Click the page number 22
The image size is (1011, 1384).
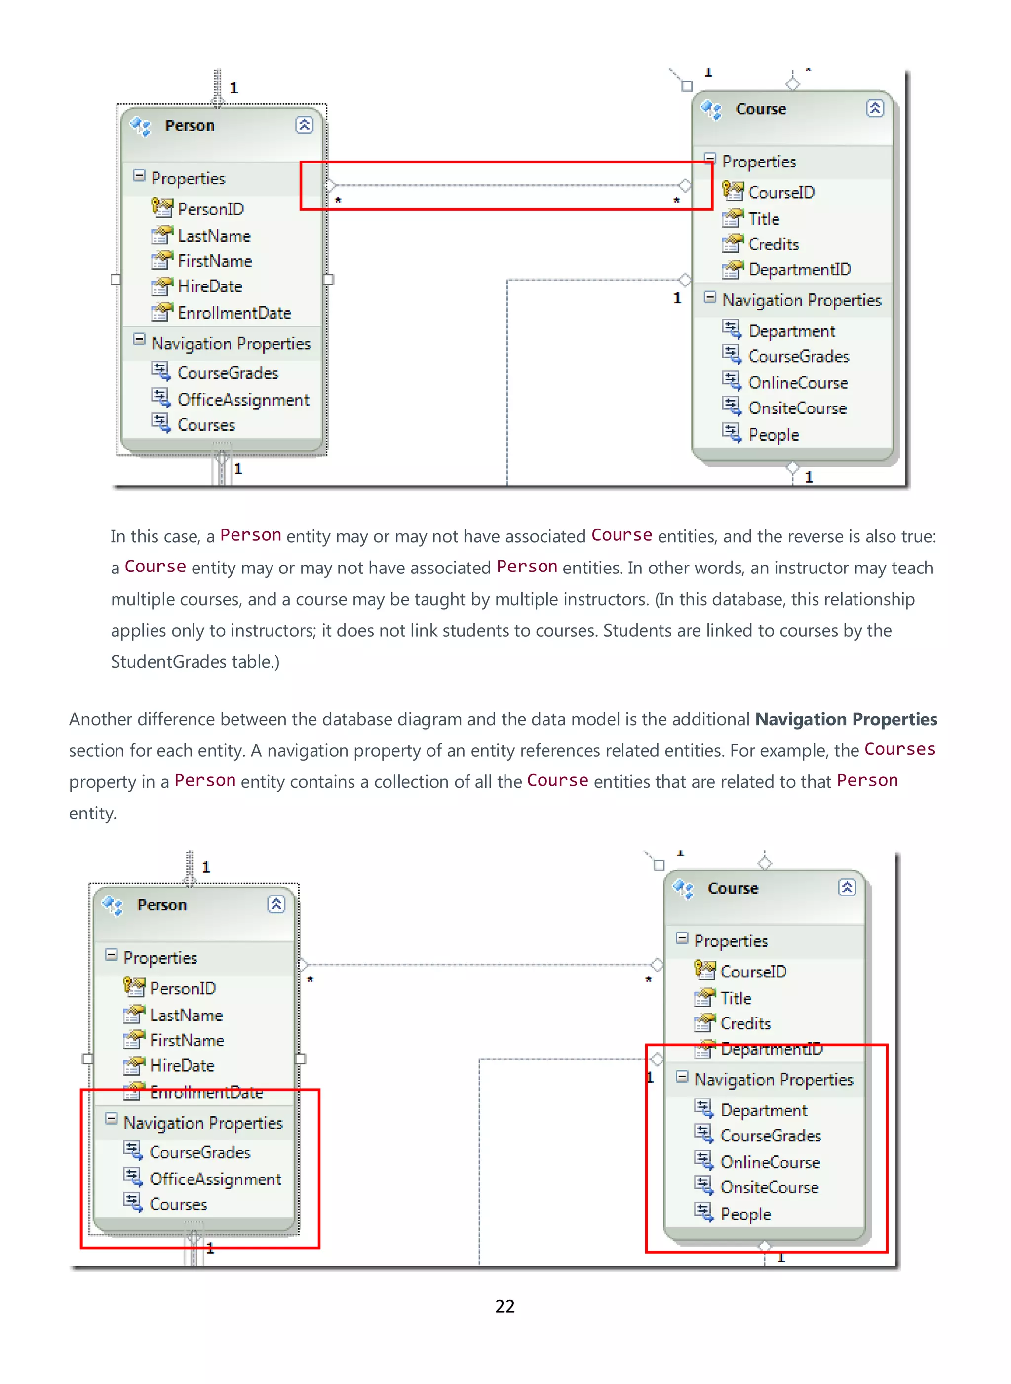[505, 1306]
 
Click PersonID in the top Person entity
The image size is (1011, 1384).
[210, 209]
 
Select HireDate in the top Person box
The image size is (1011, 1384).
[209, 286]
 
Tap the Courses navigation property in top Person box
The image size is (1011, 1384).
[206, 425]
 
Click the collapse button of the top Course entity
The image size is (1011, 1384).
[875, 108]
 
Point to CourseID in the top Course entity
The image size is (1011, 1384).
[781, 192]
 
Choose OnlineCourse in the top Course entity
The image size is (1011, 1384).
[798, 383]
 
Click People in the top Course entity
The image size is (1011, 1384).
[774, 435]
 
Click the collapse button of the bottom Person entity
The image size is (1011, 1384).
[276, 904]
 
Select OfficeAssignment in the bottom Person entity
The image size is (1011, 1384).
[215, 1179]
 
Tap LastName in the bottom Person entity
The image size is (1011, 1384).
[186, 1016]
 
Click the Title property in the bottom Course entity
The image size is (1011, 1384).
[736, 998]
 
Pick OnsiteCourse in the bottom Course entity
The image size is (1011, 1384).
[769, 1187]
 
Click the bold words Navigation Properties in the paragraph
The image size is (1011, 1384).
[845, 719]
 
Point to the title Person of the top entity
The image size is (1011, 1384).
[190, 126]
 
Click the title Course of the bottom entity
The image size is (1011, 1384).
[733, 888]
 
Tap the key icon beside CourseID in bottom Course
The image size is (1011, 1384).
[704, 970]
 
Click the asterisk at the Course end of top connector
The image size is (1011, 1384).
[676, 200]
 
